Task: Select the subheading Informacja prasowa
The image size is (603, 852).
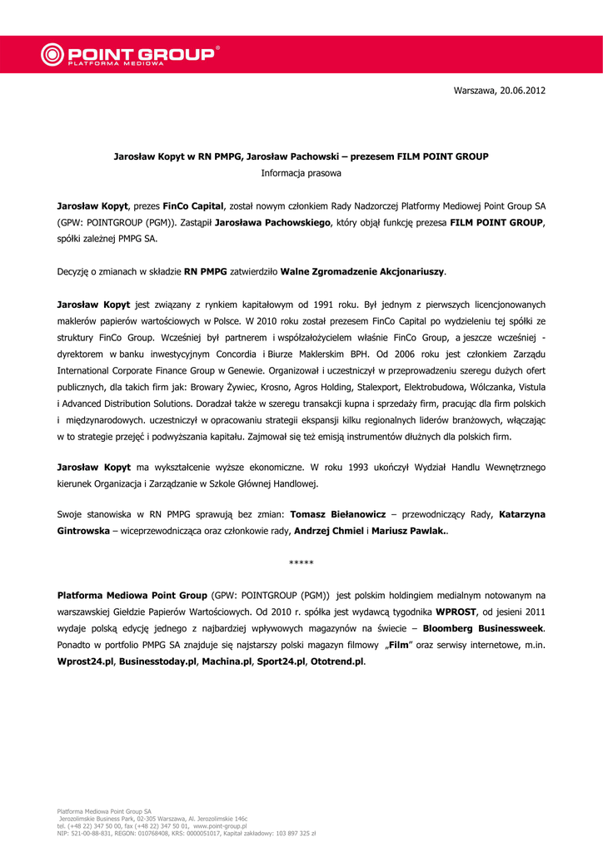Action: point(301,173)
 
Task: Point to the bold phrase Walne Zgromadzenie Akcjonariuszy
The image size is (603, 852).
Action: point(363,271)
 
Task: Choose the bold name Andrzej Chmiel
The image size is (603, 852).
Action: point(331,531)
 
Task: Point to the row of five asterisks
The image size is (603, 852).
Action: point(301,564)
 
